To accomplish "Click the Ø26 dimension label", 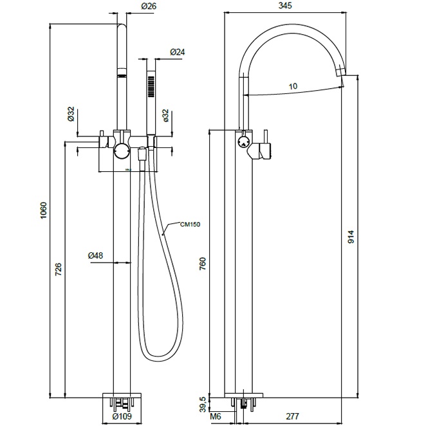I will click(147, 7).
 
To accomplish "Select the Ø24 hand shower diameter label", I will click(178, 51).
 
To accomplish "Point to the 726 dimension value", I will click(59, 269).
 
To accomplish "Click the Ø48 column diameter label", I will click(95, 255).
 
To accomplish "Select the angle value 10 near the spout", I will click(293, 85).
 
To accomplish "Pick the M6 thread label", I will click(217, 418).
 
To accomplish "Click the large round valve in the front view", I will click(121, 152).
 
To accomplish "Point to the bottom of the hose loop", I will click(157, 355).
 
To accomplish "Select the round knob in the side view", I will click(243, 142).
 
